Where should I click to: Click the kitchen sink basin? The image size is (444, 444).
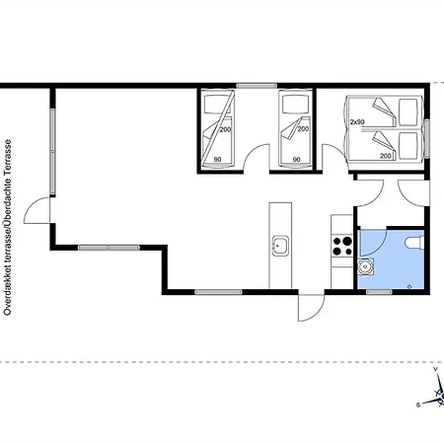click(280, 246)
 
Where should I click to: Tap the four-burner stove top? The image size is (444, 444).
click(341, 247)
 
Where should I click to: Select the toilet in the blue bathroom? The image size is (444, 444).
click(414, 243)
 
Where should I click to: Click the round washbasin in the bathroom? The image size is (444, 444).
click(365, 266)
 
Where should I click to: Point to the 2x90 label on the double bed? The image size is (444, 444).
click(357, 122)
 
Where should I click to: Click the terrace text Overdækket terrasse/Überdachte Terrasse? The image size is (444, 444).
click(7, 228)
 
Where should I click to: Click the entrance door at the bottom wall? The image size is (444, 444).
click(311, 308)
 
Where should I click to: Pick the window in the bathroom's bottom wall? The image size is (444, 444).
click(379, 292)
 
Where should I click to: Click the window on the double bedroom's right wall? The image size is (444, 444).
click(427, 138)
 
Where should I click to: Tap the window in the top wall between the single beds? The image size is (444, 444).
click(257, 86)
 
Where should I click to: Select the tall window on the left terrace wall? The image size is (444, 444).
click(52, 151)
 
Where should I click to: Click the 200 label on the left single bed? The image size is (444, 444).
click(225, 130)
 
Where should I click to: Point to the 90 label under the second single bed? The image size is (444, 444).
click(296, 160)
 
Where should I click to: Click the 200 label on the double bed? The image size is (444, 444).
click(386, 155)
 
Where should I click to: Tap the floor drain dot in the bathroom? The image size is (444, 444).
click(409, 287)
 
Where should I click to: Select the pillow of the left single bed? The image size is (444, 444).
click(217, 105)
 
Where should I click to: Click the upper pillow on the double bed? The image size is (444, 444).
click(408, 112)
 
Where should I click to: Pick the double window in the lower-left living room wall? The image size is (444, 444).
click(109, 248)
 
